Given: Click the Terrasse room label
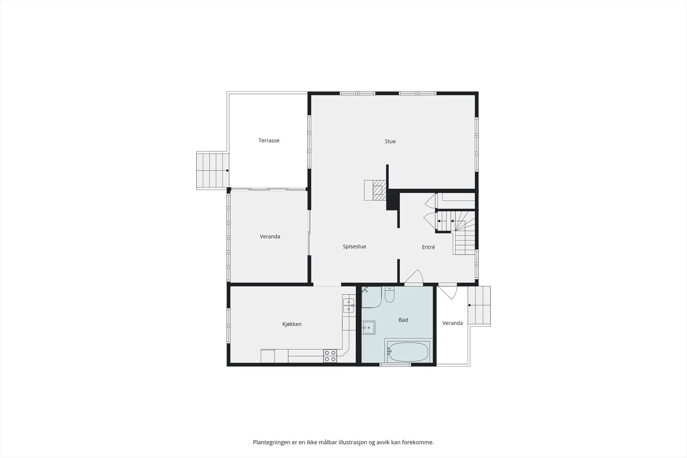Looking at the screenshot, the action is pyautogui.click(x=269, y=140).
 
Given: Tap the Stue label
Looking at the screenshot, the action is pyautogui.click(x=390, y=141).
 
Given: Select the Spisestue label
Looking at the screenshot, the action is pyautogui.click(x=354, y=246).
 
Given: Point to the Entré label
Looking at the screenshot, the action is pyautogui.click(x=428, y=247).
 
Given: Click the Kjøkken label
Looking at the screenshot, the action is pyautogui.click(x=292, y=324).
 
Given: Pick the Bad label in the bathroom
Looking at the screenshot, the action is pyautogui.click(x=403, y=320).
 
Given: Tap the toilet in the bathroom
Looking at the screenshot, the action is pyautogui.click(x=389, y=294).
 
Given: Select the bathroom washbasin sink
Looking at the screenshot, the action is pyautogui.click(x=368, y=328).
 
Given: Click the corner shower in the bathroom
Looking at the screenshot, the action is pyautogui.click(x=371, y=297).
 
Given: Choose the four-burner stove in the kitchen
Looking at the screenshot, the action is pyautogui.click(x=330, y=356).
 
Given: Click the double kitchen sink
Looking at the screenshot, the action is pyautogui.click(x=348, y=305).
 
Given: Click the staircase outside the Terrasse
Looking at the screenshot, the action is pyautogui.click(x=213, y=170).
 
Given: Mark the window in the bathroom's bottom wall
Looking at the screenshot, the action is pyautogui.click(x=395, y=364).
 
